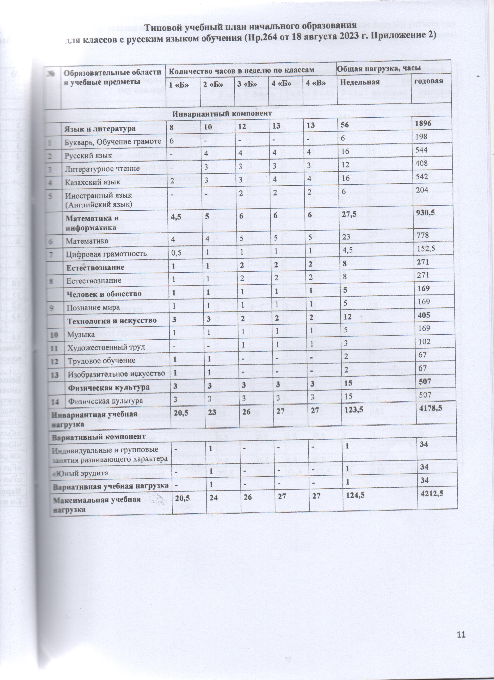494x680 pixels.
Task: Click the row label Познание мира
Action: point(93,307)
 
